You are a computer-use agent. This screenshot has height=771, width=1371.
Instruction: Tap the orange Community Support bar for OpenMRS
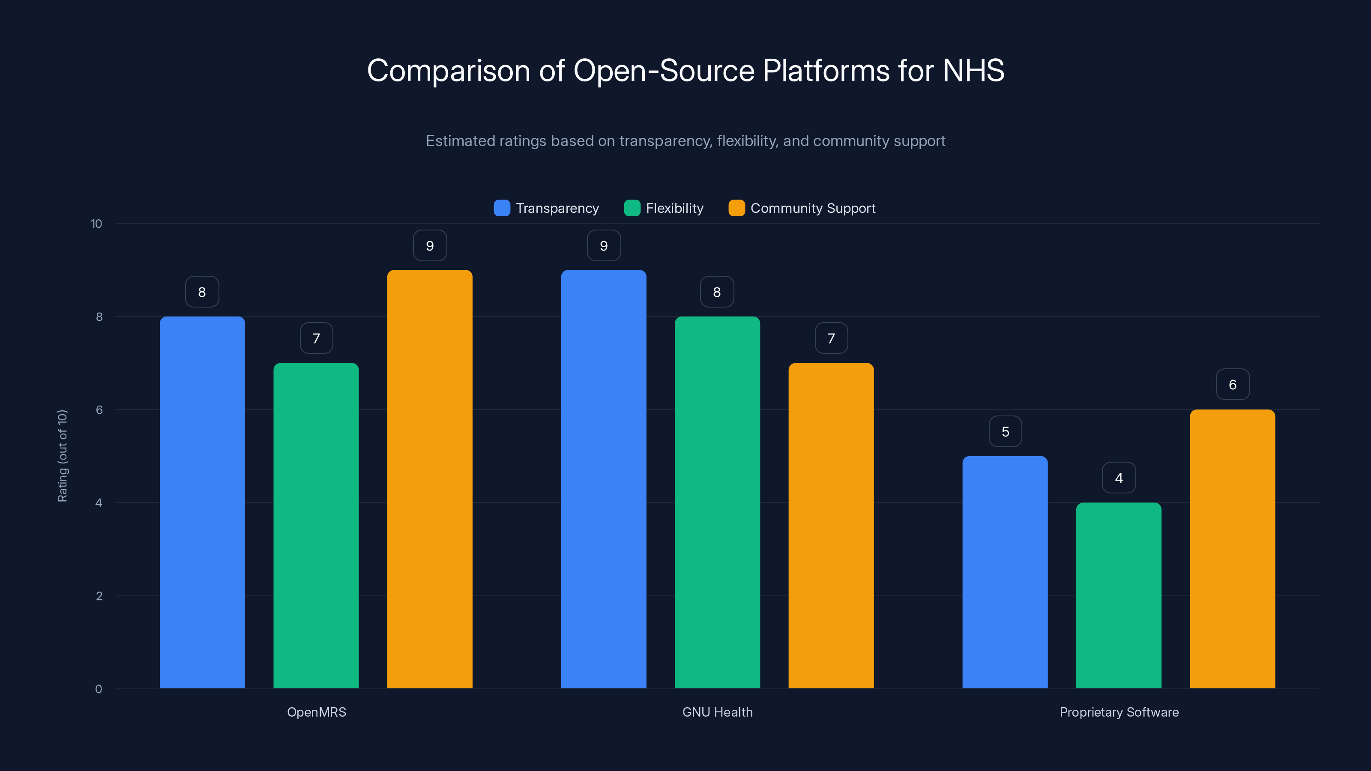click(429, 479)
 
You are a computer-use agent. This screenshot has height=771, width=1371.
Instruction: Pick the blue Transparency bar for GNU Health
click(604, 479)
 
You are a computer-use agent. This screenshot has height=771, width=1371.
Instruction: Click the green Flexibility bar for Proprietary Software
click(1119, 595)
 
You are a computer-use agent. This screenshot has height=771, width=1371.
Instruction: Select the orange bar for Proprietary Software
click(1232, 549)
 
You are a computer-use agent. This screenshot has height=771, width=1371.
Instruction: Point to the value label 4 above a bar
click(1119, 478)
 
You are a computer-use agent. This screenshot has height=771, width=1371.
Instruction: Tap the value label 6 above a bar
click(1233, 385)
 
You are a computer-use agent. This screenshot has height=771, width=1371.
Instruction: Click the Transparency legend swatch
click(502, 208)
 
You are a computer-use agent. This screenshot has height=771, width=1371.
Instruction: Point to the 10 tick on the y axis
click(96, 224)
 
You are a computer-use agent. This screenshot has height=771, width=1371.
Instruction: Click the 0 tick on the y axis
click(99, 689)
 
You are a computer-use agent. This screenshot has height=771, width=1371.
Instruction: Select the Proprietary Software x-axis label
click(1119, 712)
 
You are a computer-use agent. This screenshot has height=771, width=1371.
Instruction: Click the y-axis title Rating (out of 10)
click(62, 456)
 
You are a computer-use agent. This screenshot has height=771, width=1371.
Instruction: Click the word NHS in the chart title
click(973, 70)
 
